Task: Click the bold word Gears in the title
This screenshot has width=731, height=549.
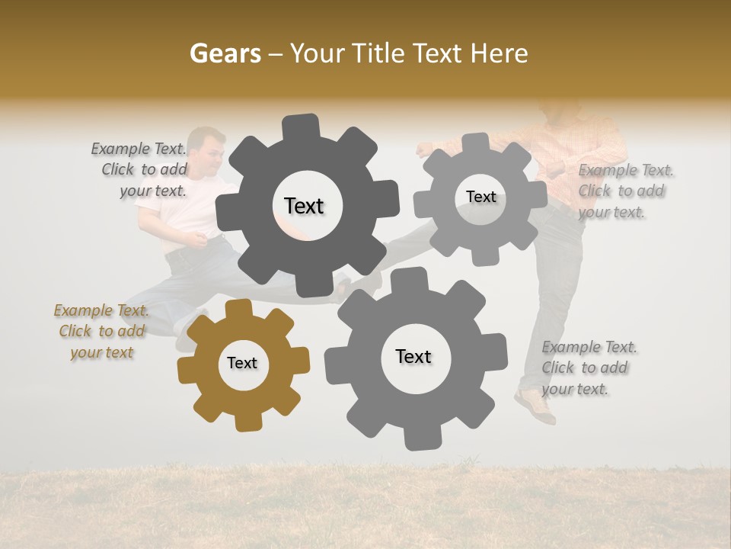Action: point(225,54)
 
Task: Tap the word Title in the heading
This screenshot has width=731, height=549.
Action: point(380,54)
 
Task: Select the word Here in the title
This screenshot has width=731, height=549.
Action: point(499,54)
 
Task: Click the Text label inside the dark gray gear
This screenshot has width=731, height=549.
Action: point(304,206)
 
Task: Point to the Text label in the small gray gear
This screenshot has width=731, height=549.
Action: point(480,197)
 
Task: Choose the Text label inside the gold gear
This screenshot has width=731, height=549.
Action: point(242,363)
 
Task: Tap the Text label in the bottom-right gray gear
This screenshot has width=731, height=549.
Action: point(413,356)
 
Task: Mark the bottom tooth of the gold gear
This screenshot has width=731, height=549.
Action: point(247,421)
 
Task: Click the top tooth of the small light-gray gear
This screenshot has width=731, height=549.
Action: point(477,143)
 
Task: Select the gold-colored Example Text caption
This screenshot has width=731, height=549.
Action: point(101,332)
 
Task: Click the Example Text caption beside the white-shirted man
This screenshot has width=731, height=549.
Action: point(139,169)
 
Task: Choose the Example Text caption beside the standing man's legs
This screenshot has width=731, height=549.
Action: point(589,368)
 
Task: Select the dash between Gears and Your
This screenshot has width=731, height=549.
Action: point(277,55)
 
